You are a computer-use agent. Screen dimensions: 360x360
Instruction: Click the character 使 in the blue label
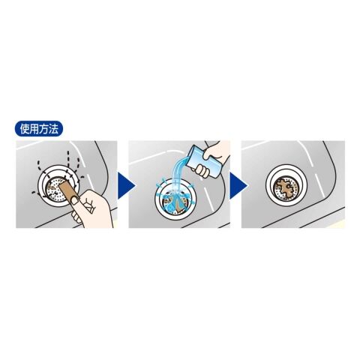click(x=25, y=129)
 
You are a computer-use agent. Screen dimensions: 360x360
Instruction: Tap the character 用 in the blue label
click(x=34, y=129)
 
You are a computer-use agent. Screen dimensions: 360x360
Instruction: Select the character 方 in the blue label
click(x=43, y=129)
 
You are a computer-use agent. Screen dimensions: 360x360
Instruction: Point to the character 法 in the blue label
click(x=53, y=129)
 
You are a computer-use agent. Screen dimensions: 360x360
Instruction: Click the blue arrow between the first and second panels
click(x=126, y=185)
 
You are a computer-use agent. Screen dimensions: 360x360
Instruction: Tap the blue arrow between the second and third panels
click(x=238, y=185)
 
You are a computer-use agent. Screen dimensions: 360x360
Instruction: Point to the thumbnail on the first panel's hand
click(x=74, y=199)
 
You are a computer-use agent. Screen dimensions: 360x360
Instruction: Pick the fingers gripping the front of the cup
click(x=201, y=171)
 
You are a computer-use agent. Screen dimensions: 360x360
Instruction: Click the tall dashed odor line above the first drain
click(x=68, y=160)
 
